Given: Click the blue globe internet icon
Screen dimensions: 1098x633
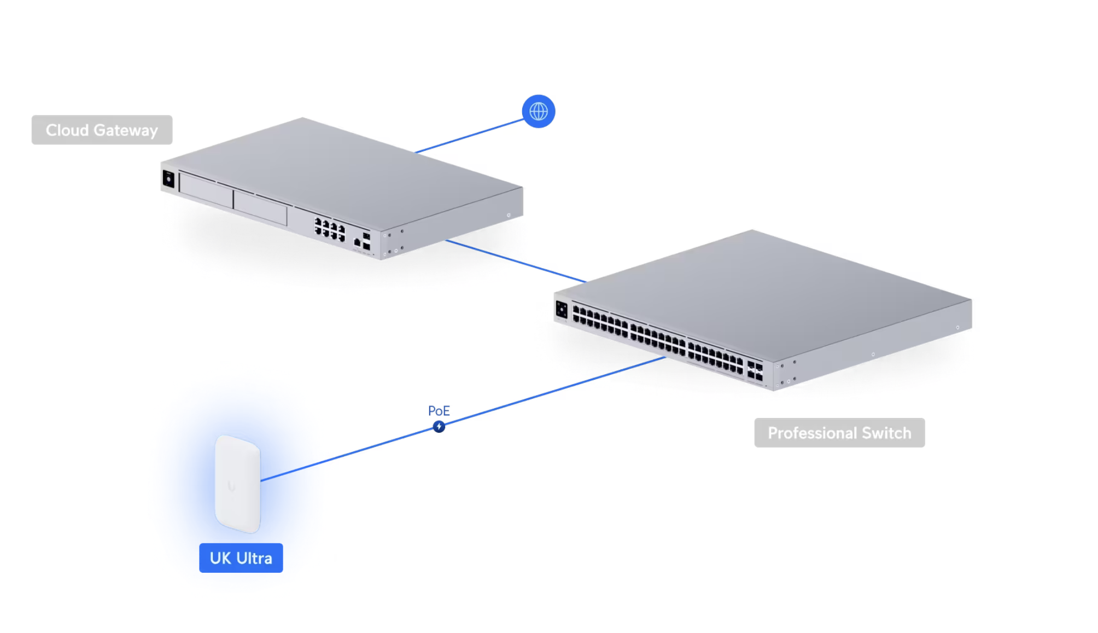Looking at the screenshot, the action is pos(539,112).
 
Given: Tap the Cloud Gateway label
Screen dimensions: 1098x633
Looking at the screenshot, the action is pos(102,130).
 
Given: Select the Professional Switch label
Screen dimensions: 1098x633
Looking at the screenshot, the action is pos(839,433).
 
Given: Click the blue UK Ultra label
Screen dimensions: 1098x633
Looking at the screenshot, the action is pos(241,558).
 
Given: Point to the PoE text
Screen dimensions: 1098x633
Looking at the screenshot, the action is pos(439,411).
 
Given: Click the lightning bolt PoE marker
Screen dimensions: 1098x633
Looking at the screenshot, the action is pos(439,427).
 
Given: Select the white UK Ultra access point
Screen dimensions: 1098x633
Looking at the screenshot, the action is pos(238,484).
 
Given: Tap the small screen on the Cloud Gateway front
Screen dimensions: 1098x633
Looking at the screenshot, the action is pos(168,179).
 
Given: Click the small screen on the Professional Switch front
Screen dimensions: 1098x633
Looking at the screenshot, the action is pos(562,310).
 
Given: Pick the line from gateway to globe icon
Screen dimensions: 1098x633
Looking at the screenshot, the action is pos(469,136).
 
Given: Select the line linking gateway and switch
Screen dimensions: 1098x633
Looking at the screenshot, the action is pos(516,261).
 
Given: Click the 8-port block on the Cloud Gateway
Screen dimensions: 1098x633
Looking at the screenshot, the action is pos(330,230).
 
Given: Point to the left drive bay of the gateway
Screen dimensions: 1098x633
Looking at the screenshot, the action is pos(206,190).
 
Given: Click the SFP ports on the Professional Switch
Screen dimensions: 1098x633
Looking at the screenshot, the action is pos(755,370).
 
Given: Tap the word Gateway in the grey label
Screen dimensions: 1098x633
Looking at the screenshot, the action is pos(126,130).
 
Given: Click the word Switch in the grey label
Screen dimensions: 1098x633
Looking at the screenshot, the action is pos(886,433).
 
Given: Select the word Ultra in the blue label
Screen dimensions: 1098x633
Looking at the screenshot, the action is pos(254,558).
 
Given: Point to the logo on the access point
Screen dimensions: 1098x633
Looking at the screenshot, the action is pos(231,486).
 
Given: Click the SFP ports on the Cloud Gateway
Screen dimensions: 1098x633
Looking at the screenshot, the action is pos(366,241).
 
